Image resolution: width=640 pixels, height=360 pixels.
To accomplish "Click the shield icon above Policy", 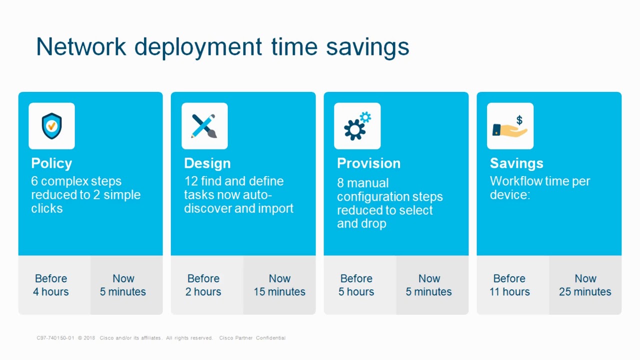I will click(51, 126).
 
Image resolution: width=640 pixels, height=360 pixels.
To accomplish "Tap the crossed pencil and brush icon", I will click(204, 126).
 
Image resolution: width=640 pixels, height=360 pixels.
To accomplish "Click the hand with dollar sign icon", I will click(510, 126).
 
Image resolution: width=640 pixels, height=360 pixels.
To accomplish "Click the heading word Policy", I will click(51, 163).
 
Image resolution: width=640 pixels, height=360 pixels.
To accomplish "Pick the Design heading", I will click(207, 163).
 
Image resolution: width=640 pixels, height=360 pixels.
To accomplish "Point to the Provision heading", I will click(368, 163).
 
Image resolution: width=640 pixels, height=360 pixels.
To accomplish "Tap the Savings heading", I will click(516, 163).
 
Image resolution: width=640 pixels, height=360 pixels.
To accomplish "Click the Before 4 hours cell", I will click(51, 285).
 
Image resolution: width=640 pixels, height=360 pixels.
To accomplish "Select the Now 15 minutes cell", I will click(279, 285).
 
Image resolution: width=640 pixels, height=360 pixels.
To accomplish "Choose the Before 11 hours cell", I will click(509, 285).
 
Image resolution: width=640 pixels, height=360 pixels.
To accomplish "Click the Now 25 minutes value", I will click(585, 291).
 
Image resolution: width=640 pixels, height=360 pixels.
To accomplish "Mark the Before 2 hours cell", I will click(203, 285).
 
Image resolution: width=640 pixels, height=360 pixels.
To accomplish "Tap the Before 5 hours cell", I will click(356, 285).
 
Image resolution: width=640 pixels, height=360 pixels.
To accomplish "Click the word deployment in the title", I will click(198, 47).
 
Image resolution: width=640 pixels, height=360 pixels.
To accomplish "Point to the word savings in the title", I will click(367, 47).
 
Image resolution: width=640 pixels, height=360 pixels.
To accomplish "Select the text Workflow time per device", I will click(539, 187).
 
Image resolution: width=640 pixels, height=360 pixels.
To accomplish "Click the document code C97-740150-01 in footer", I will click(55, 338).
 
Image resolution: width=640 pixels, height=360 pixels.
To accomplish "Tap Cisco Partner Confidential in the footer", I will click(252, 338).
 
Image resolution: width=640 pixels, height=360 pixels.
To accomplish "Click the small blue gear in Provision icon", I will click(365, 117).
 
